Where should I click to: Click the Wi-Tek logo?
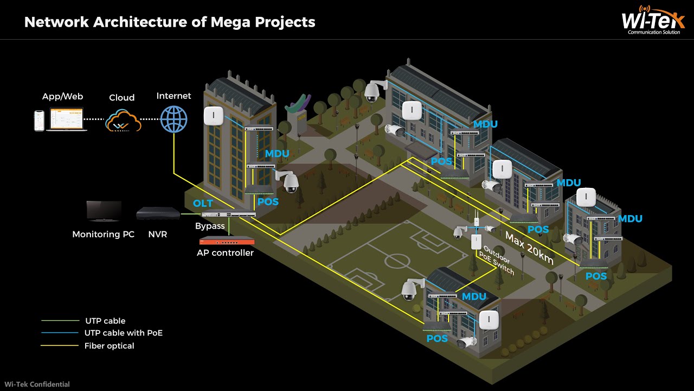click(x=653, y=21)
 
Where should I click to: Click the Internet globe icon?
click(x=173, y=119)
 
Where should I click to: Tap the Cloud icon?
click(x=123, y=120)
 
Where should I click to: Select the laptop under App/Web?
click(x=67, y=119)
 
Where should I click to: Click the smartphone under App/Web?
click(x=39, y=120)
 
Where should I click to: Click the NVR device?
click(x=158, y=213)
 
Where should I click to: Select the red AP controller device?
click(x=226, y=241)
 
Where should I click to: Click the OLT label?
click(x=203, y=204)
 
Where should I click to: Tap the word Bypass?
click(x=210, y=226)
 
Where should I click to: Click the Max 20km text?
click(x=529, y=248)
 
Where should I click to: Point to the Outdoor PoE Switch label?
click(x=498, y=261)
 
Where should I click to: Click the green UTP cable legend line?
click(x=60, y=321)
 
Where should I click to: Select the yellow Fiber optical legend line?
click(x=60, y=346)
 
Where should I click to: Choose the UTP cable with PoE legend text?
click(x=123, y=333)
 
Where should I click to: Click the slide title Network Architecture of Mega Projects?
click(x=170, y=22)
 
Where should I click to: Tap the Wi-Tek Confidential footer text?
click(x=35, y=384)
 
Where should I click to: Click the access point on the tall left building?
click(x=214, y=116)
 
